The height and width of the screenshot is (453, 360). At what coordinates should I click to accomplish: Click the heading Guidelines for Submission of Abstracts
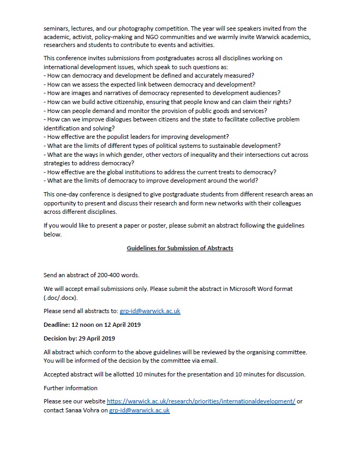click(179, 248)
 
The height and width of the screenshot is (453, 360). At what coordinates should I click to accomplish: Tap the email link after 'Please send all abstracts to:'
click(150, 311)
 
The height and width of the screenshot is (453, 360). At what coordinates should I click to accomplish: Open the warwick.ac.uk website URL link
click(201, 401)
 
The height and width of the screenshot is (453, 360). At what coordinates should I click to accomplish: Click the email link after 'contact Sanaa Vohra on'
click(139, 410)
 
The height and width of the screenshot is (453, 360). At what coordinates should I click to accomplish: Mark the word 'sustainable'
click(221, 146)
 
